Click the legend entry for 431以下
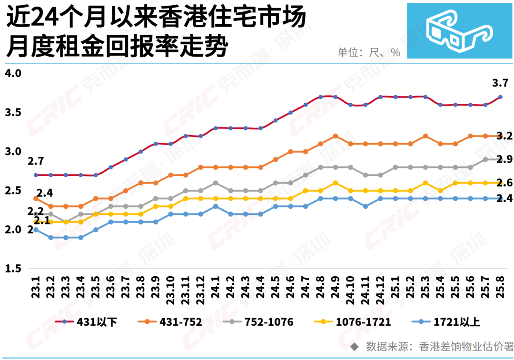tap(93, 322)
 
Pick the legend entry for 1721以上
tap(457, 322)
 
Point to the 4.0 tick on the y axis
tap(13, 74)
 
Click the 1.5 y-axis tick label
tap(13, 269)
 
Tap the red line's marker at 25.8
tap(500, 97)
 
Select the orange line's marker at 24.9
tap(336, 136)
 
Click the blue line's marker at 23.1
tap(36, 230)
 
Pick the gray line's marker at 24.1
tap(216, 183)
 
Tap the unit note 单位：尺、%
tap(369, 52)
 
